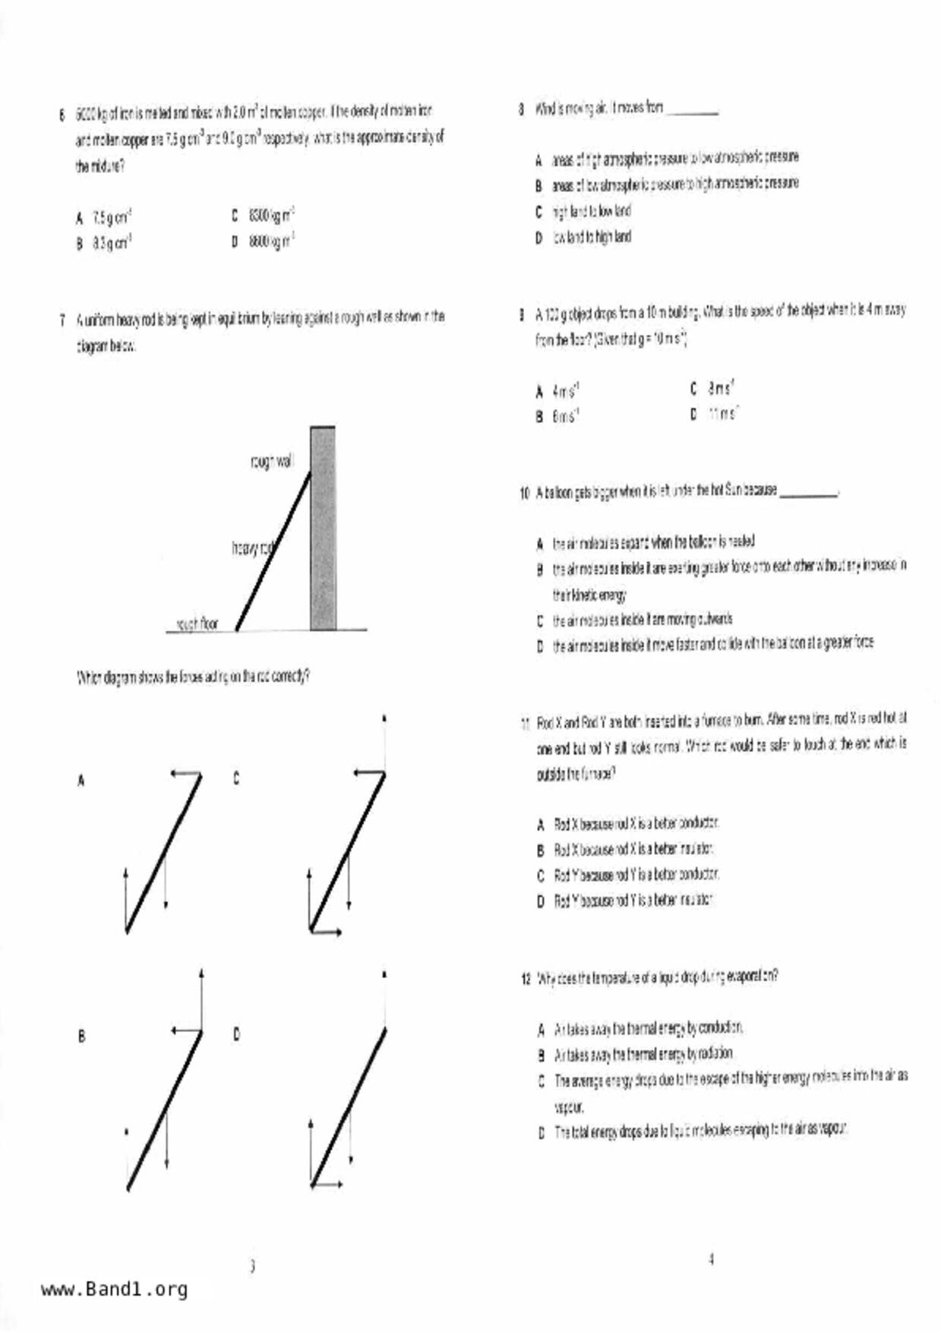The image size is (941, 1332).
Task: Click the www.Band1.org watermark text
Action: click(114, 1289)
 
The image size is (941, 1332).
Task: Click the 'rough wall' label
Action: click(270, 461)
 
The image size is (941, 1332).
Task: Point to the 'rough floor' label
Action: click(197, 623)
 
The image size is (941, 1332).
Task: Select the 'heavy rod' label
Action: click(252, 548)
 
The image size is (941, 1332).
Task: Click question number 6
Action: click(62, 115)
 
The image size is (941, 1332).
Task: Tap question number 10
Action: click(524, 494)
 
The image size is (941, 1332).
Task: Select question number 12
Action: click(526, 978)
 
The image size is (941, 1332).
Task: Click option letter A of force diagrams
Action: click(81, 780)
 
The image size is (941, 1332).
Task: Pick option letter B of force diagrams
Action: click(81, 1036)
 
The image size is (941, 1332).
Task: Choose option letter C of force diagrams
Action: click(236, 778)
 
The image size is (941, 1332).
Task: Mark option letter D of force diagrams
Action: click(236, 1034)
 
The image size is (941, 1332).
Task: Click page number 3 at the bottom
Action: click(252, 1266)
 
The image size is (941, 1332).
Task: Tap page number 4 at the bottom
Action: click(711, 1259)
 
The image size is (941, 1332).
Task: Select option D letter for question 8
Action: click(538, 238)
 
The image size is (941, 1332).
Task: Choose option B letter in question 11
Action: click(541, 850)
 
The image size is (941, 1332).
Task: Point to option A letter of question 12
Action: click(541, 1030)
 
